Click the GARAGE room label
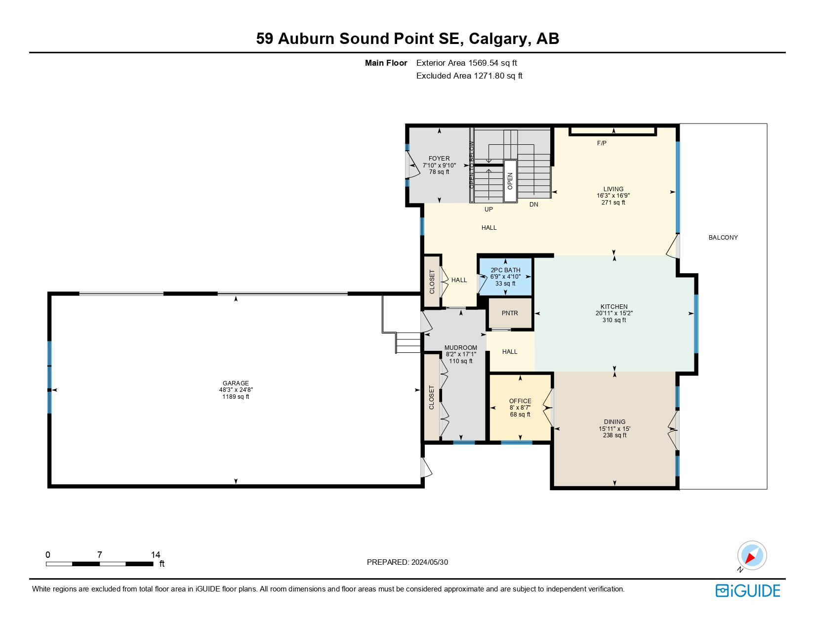click(x=236, y=383)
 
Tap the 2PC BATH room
click(x=505, y=277)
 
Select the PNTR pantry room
click(x=510, y=313)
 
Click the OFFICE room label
click(x=520, y=401)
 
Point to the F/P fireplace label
click(x=602, y=143)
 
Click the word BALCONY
click(x=723, y=238)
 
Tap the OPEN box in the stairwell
click(x=510, y=181)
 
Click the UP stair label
click(x=489, y=210)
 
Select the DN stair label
click(x=533, y=205)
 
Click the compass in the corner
click(x=751, y=555)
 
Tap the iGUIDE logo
click(x=747, y=591)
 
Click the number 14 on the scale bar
click(x=156, y=555)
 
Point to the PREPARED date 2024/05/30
click(x=407, y=562)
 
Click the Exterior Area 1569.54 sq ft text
click(x=466, y=63)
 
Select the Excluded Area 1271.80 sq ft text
click(x=469, y=76)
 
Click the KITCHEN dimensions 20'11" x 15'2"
click(x=614, y=313)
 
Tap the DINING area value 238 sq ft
click(x=614, y=435)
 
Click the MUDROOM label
click(x=460, y=348)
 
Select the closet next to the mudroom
click(x=432, y=397)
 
